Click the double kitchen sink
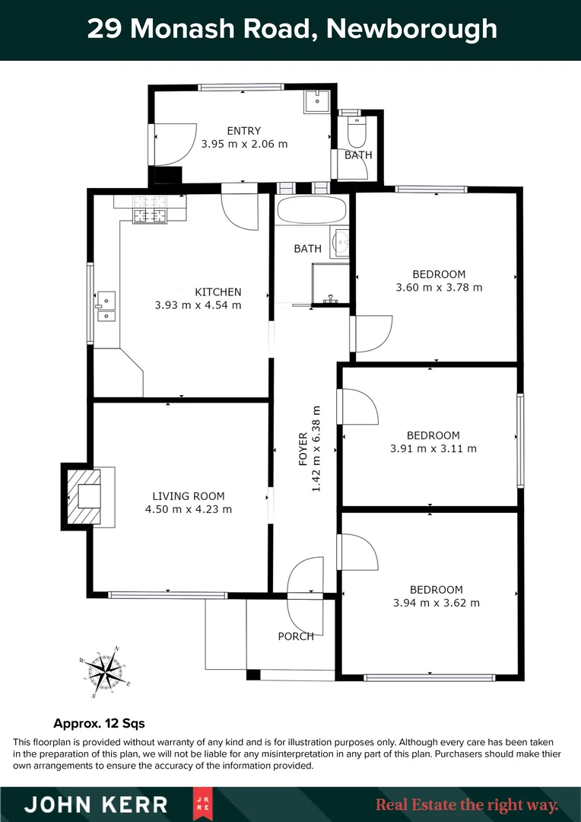click(x=105, y=304)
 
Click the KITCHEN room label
click(x=218, y=292)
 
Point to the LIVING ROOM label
click(x=188, y=495)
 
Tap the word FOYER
click(x=303, y=449)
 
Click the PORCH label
click(x=296, y=636)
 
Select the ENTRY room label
click(x=244, y=130)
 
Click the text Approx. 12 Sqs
click(x=99, y=723)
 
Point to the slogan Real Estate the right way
click(x=467, y=804)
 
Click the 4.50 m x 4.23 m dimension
click(x=188, y=509)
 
